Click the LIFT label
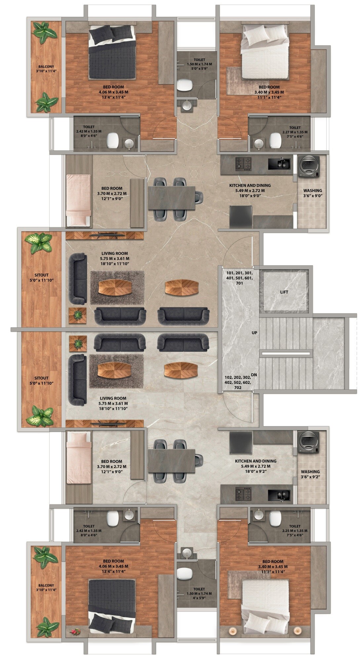[x=284, y=292]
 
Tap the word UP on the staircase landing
[x=254, y=333]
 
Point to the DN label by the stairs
[x=254, y=375]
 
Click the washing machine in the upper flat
[x=309, y=167]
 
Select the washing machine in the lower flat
[x=309, y=442]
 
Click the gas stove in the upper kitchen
[x=243, y=164]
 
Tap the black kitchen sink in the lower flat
[x=279, y=495]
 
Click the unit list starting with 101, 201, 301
[x=240, y=278]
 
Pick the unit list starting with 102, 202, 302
[x=238, y=382]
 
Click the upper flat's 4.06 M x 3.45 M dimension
[x=113, y=92]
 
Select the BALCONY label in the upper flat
[x=46, y=66]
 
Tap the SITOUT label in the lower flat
[x=41, y=378]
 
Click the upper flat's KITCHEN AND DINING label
[x=250, y=186]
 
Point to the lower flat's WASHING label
[x=310, y=472]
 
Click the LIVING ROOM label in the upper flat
[x=115, y=254]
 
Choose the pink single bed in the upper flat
[x=78, y=201]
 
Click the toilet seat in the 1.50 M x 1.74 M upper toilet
[x=185, y=85]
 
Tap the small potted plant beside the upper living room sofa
[x=78, y=315]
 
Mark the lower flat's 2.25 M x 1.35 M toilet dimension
[x=295, y=531]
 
